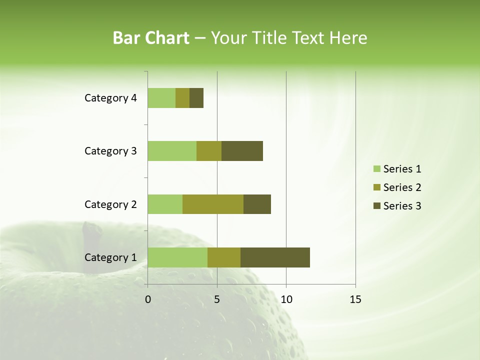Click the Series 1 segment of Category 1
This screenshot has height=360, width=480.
(x=177, y=257)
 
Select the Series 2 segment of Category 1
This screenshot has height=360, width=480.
(x=224, y=257)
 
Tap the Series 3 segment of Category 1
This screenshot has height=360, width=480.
(x=275, y=257)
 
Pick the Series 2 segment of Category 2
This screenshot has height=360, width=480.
(x=213, y=204)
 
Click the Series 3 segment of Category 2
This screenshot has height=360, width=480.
(x=257, y=204)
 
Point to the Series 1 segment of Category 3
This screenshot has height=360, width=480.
(x=172, y=151)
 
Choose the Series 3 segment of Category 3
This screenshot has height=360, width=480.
(x=242, y=151)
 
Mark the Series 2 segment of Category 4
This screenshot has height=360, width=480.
(x=182, y=98)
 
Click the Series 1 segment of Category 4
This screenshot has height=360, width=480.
(x=161, y=98)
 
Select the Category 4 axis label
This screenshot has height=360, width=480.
(x=110, y=98)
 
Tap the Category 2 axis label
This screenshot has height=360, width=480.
(x=110, y=204)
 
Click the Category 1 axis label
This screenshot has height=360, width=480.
(x=110, y=257)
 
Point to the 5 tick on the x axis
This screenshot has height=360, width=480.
(x=217, y=299)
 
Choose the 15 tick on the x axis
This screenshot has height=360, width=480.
(x=355, y=299)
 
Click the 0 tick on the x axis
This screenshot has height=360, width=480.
(x=148, y=299)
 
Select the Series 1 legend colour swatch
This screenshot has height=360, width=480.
(x=376, y=169)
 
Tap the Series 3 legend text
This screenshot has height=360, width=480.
(x=402, y=206)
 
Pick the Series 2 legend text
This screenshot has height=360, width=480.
(x=402, y=187)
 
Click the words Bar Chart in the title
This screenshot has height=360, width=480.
(x=151, y=38)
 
